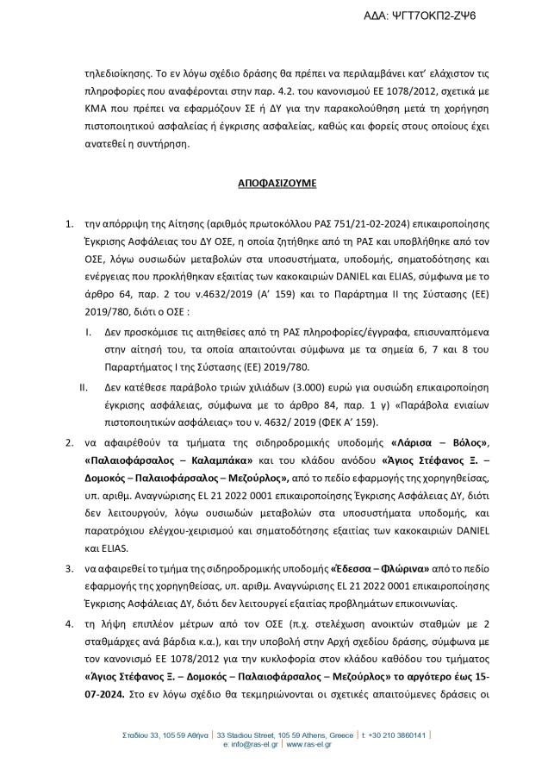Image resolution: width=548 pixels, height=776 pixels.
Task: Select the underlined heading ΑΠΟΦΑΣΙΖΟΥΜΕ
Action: [x=273, y=184]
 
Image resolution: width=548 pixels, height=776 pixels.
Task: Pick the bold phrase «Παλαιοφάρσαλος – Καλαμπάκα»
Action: [x=162, y=460]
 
